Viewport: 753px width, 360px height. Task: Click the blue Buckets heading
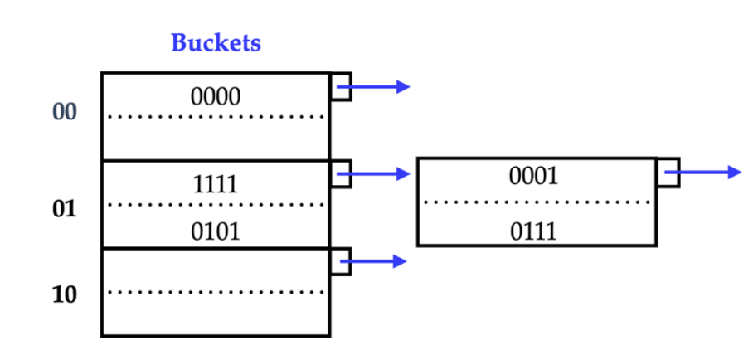pos(216,43)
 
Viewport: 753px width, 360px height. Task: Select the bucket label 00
pos(65,112)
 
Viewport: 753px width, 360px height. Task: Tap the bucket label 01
pos(65,209)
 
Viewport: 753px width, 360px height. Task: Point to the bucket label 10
pos(65,294)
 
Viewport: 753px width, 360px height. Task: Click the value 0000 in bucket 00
pos(216,97)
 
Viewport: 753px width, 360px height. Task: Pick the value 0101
pos(216,231)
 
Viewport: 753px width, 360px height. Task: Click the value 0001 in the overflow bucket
pos(534,176)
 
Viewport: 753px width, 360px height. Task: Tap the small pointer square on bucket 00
pos(340,86)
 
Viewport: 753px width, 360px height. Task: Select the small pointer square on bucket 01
pos(340,173)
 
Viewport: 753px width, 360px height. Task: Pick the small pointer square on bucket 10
pos(340,261)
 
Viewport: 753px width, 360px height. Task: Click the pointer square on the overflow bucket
pos(668,173)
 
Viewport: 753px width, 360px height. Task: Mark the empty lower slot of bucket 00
pos(216,138)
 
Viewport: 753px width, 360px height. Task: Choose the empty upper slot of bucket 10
pos(216,270)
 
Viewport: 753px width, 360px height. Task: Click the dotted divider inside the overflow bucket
pos(536,202)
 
